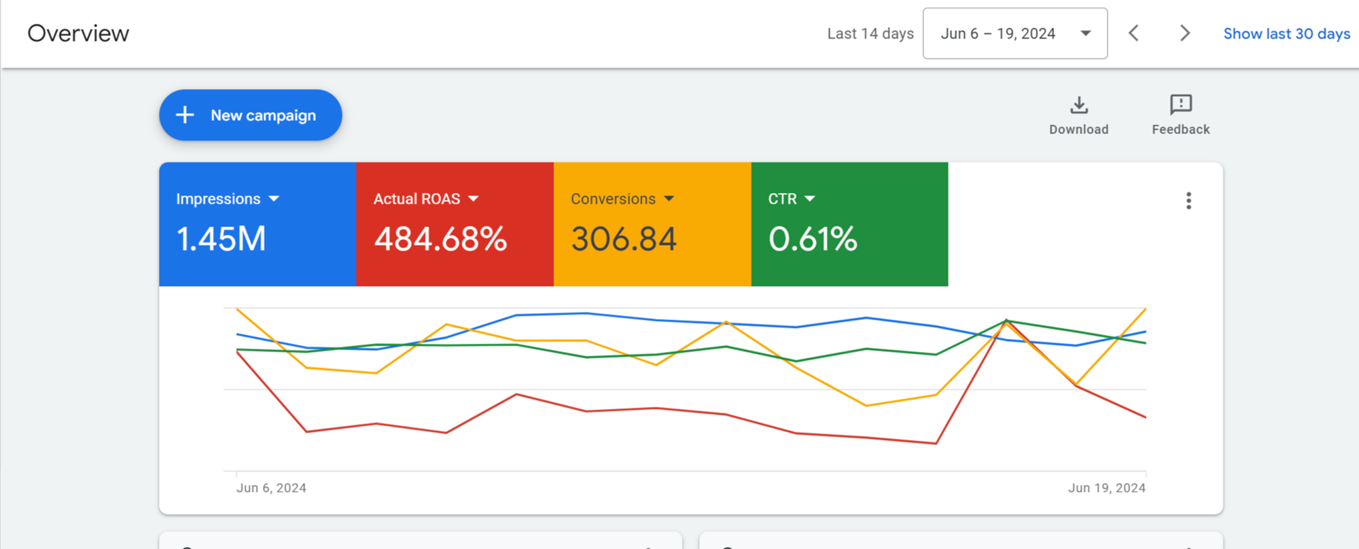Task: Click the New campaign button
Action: [x=251, y=116]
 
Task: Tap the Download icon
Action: [x=1079, y=105]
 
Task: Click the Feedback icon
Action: [x=1181, y=105]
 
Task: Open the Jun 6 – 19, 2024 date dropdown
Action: [x=1015, y=33]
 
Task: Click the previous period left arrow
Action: [x=1133, y=33]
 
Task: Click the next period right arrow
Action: [x=1185, y=33]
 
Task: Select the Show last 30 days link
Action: [x=1287, y=34]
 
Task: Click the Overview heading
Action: [x=78, y=33]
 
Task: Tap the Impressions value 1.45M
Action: [x=222, y=239]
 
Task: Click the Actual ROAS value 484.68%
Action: [x=440, y=239]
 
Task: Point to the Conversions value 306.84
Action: [x=624, y=239]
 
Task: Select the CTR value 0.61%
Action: [x=813, y=239]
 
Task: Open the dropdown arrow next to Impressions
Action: [x=274, y=199]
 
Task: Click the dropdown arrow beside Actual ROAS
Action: [x=474, y=199]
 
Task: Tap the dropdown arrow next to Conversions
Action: [x=669, y=199]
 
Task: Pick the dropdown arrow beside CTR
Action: [x=809, y=199]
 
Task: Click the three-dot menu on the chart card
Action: [x=1188, y=200]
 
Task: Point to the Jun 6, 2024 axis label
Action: [x=271, y=488]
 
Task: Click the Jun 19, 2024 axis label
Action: [x=1107, y=488]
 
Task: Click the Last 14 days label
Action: [x=870, y=34]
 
